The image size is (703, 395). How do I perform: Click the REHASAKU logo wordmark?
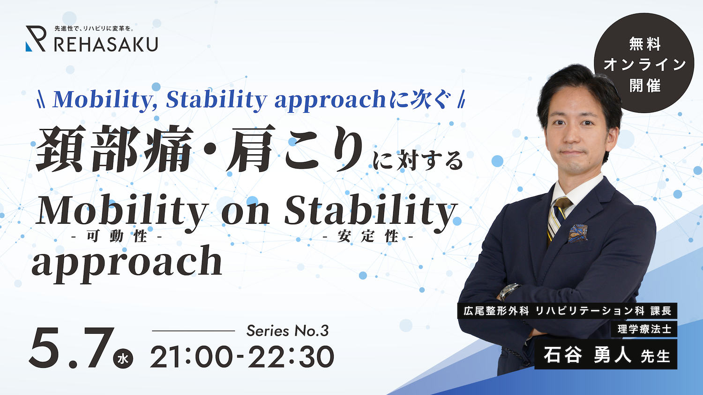[x=106, y=44]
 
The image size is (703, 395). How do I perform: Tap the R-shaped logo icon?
[x=36, y=38]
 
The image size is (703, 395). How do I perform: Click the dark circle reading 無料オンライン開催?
[x=644, y=63]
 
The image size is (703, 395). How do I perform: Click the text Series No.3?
[x=287, y=331]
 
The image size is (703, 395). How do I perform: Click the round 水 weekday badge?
[x=123, y=358]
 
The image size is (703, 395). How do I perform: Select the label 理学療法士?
[x=644, y=329]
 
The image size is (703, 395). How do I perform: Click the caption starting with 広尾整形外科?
[x=568, y=311]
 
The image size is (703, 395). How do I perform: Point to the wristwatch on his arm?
[x=509, y=292]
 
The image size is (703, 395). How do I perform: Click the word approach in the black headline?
[x=127, y=263]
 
